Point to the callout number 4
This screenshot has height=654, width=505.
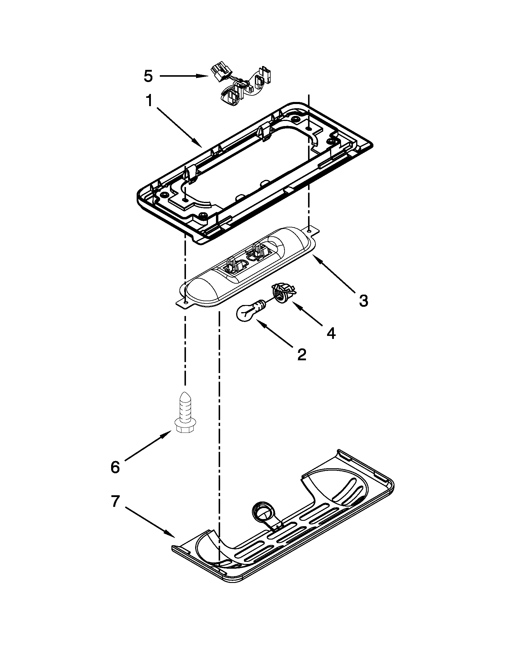tap(331, 333)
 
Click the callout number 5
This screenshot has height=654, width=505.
tap(148, 76)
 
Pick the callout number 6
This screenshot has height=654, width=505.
tap(115, 467)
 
